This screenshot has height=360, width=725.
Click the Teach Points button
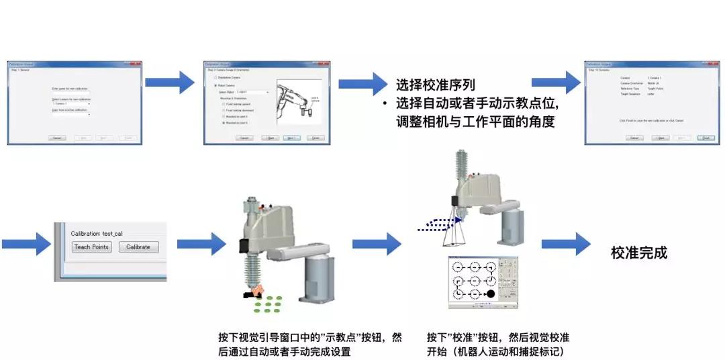(91, 246)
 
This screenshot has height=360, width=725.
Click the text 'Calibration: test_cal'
(97, 233)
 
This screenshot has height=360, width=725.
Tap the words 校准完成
(639, 253)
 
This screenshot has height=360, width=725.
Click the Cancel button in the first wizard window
(58, 138)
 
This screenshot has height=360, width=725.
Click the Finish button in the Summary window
(706, 138)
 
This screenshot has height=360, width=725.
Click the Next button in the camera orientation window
(290, 138)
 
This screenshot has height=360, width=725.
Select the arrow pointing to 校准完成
(566, 243)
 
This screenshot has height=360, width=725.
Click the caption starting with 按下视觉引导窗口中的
(309, 345)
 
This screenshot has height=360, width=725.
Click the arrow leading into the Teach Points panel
(26, 243)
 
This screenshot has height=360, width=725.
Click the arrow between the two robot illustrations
(377, 243)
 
